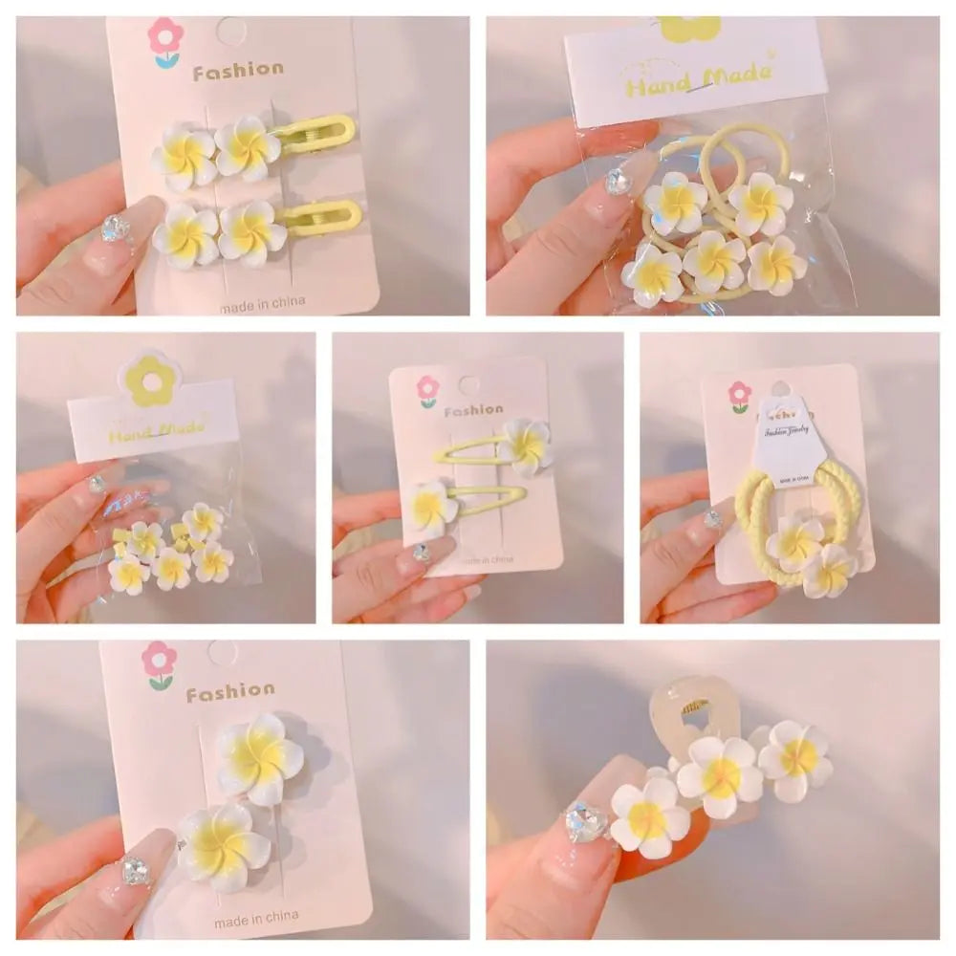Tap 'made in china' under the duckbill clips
click(262, 303)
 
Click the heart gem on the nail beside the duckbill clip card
click(117, 228)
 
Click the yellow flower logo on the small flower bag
click(150, 380)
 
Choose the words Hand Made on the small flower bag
click(155, 429)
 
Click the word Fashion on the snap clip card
click(474, 411)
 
